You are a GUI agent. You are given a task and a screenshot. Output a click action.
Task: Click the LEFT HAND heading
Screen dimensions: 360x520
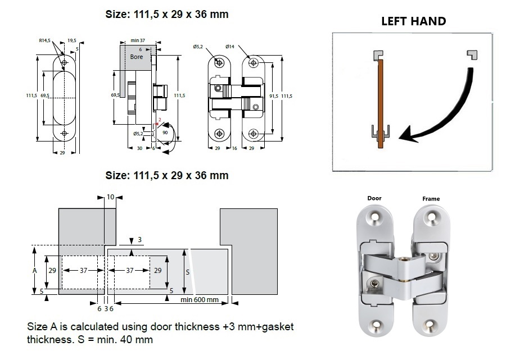pos(413,21)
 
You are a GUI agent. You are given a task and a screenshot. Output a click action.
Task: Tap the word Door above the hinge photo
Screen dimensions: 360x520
pos(374,198)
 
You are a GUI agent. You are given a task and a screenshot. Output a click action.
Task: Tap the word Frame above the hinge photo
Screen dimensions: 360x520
pos(431,199)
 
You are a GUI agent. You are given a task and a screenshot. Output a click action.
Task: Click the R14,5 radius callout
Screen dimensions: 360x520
pos(45,40)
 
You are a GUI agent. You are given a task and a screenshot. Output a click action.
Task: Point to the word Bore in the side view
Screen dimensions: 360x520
pos(137,57)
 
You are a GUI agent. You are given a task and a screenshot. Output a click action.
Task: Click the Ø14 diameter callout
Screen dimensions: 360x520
pos(230,47)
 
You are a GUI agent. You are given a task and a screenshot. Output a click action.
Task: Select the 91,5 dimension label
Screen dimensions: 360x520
pos(273,96)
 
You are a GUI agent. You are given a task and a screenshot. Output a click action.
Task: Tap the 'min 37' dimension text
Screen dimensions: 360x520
pos(138,41)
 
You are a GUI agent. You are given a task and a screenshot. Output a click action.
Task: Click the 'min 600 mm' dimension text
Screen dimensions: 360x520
pos(200,299)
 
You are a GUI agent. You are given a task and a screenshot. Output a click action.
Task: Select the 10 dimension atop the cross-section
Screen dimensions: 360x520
pos(110,197)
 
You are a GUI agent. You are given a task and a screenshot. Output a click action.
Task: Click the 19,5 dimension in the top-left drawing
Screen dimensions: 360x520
pos(72,40)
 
